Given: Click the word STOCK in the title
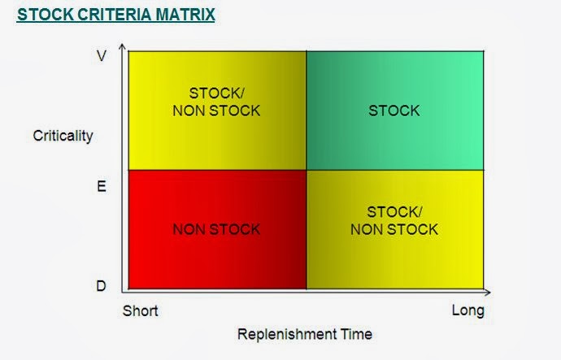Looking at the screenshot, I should click(39, 15).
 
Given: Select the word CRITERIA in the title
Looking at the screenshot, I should click(105, 15).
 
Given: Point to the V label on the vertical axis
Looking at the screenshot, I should click(101, 57).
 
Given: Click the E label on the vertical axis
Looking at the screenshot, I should click(101, 187).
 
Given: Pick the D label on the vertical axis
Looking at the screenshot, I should click(101, 286).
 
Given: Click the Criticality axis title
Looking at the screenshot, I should click(63, 135).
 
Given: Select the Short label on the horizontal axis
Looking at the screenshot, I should click(140, 311).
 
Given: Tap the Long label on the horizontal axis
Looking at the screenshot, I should click(467, 311).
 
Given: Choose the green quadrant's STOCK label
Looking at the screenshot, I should click(394, 111).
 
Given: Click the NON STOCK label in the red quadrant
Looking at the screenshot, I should click(216, 229).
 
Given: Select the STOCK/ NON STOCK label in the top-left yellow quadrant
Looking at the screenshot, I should click(216, 101).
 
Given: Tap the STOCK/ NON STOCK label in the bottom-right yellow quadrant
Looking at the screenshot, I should click(394, 221).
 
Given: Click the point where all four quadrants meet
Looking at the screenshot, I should click(306, 170).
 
